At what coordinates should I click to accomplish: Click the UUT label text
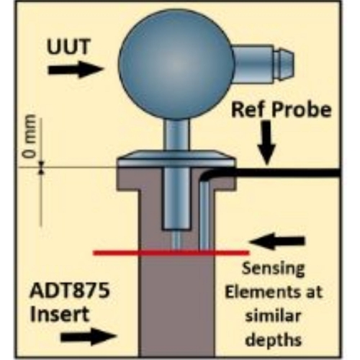click(x=68, y=47)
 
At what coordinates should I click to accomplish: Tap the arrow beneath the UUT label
click(x=76, y=70)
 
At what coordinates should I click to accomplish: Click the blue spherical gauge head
click(x=176, y=64)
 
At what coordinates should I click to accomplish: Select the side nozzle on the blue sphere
click(x=263, y=64)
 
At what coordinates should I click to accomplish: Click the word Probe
click(x=301, y=110)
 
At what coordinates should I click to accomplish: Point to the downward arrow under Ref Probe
click(x=267, y=143)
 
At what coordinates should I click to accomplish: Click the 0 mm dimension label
click(x=30, y=136)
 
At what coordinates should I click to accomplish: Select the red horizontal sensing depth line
click(x=171, y=253)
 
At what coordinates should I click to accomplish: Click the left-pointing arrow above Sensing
click(x=277, y=241)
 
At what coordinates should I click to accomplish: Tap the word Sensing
click(x=273, y=269)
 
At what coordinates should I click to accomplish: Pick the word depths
click(x=274, y=339)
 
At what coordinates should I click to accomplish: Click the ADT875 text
click(x=70, y=290)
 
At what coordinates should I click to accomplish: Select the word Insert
click(x=60, y=314)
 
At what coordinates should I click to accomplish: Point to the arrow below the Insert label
click(x=89, y=337)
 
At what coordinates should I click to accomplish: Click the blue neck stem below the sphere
click(x=177, y=135)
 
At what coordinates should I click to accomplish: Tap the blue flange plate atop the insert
click(x=176, y=159)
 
